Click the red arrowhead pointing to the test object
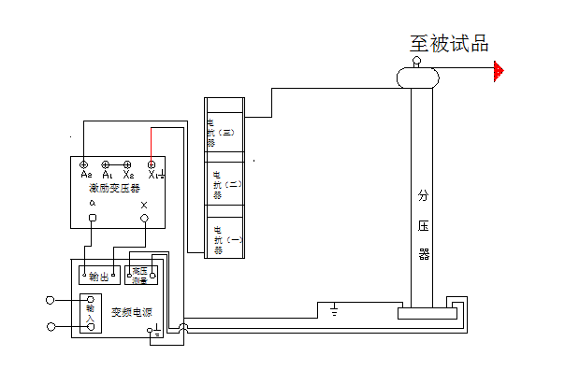tap(500, 71)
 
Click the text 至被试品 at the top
tap(449, 44)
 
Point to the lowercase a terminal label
tap(92, 204)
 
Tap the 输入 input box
tap(91, 312)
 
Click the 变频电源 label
tap(131, 313)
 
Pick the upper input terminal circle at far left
tap(51, 301)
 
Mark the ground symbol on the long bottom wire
tap(334, 308)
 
